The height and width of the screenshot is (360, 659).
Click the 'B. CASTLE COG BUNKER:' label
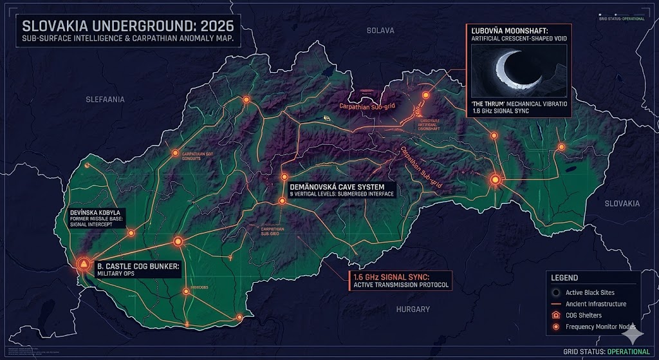point(138,265)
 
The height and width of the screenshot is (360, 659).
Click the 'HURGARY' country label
point(413,310)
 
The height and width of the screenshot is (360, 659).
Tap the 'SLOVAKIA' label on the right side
point(622,203)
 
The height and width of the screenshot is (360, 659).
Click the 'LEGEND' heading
point(564,278)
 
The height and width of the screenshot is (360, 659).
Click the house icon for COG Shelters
point(557,315)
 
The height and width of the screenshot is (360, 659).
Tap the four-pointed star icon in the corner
point(633,334)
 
